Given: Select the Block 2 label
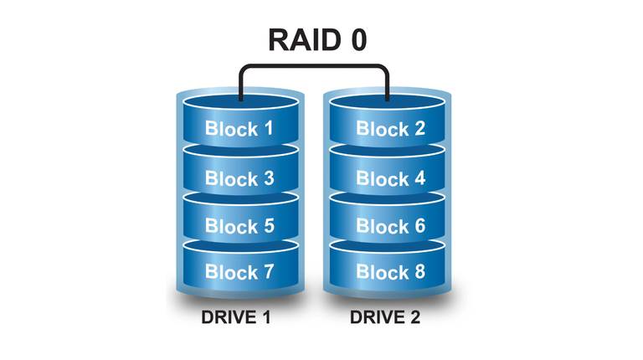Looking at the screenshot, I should click(x=389, y=130).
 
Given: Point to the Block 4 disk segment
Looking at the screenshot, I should click(x=389, y=178).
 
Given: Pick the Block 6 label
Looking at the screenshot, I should click(x=389, y=226).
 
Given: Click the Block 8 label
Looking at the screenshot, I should click(x=389, y=273).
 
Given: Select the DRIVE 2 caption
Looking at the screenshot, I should click(x=385, y=319).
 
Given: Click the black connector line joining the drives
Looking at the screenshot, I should click(x=314, y=67).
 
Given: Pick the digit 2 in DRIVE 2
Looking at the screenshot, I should click(x=415, y=319).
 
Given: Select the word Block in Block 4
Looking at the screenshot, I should click(x=378, y=178).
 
